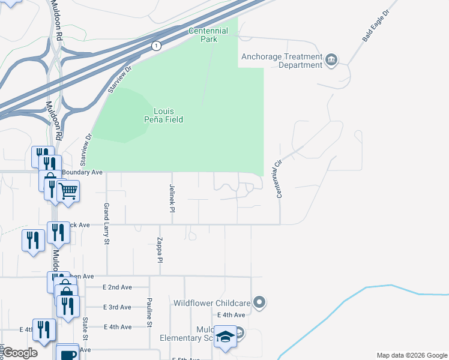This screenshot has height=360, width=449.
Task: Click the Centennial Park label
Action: pyautogui.click(x=208, y=35)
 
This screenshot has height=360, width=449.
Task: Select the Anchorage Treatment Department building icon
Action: pyautogui.click(x=331, y=60)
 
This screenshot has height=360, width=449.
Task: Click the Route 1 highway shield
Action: pyautogui.click(x=156, y=46)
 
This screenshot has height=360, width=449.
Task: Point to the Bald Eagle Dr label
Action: pyautogui.click(x=376, y=26)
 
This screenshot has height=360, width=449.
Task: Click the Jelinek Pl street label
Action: pyautogui.click(x=172, y=198)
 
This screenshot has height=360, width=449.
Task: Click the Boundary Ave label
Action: pyautogui.click(x=82, y=172)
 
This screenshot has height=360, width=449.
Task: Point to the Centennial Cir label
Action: pyautogui.click(x=278, y=178)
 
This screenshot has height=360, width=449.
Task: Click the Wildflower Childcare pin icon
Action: pyautogui.click(x=259, y=302)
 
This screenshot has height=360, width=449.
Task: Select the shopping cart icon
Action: pyautogui.click(x=68, y=191)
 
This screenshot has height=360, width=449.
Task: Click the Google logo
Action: pyautogui.click(x=20, y=353)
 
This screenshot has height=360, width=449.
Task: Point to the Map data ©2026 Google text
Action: pyautogui.click(x=411, y=355)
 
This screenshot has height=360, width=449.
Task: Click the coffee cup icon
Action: pyautogui.click(x=67, y=353)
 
